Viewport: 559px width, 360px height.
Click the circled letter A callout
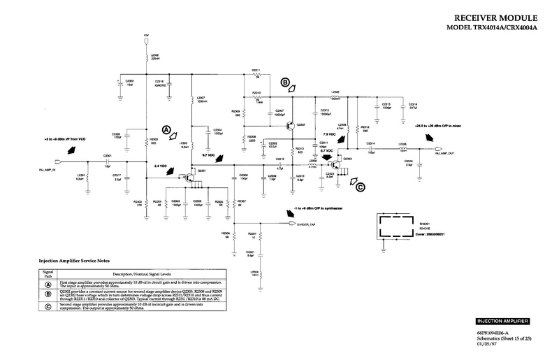[x=166, y=130]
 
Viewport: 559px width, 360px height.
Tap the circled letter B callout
[x=285, y=82]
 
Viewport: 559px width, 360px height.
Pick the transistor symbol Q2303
[x=340, y=164]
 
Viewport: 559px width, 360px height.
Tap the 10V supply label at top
[x=146, y=34]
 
